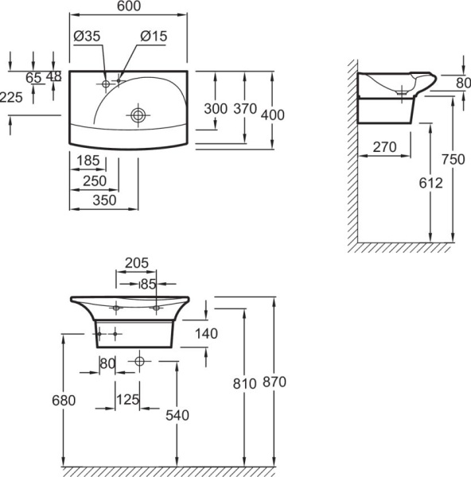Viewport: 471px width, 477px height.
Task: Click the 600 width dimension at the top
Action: point(129,6)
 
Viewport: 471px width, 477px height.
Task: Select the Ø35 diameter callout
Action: point(87,37)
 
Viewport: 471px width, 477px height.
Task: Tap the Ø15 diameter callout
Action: point(154,37)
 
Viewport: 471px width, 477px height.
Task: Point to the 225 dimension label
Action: point(11,98)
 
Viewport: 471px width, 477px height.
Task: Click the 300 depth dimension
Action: point(216,109)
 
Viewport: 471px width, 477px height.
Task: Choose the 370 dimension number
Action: point(245,109)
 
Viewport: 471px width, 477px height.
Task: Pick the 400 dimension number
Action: point(273,115)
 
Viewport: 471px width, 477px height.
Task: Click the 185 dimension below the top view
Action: point(88,161)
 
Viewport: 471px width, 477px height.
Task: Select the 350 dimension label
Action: point(104,200)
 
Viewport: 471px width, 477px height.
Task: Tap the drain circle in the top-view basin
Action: point(138,115)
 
